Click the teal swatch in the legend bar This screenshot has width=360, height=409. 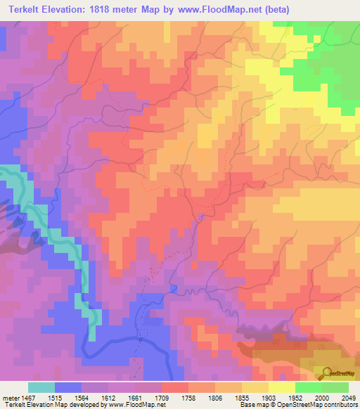41,387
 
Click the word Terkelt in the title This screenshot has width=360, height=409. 21,9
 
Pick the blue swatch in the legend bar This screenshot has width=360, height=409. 68,387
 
